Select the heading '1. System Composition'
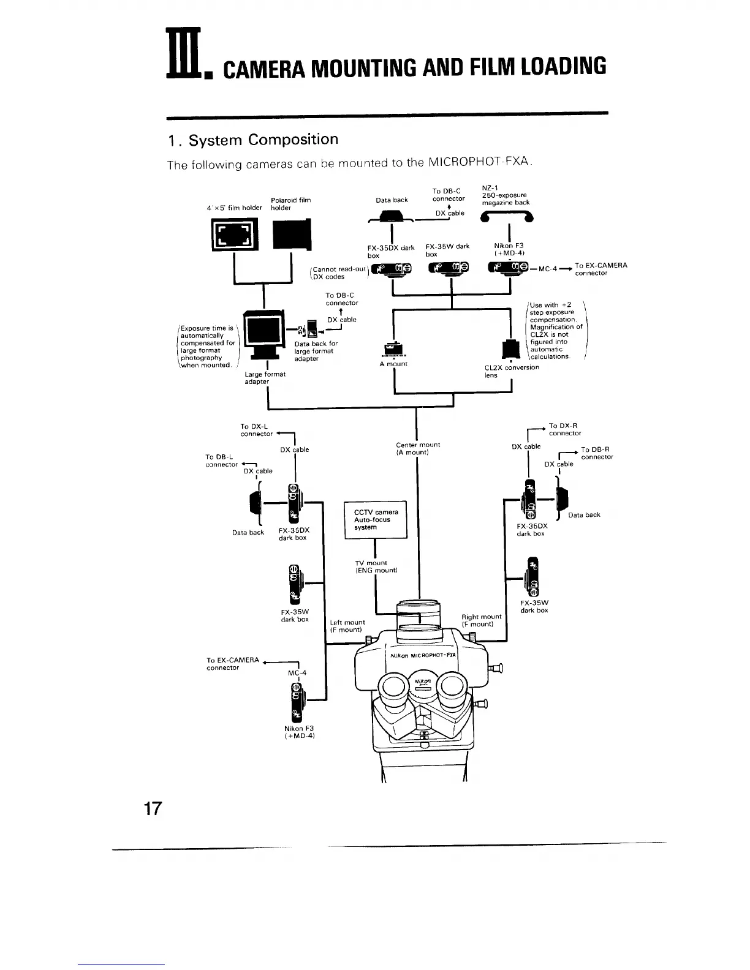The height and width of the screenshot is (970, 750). [253, 140]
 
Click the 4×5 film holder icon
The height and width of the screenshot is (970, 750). [235, 236]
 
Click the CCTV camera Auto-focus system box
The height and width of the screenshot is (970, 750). [376, 520]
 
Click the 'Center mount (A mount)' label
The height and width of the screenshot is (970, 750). [418, 448]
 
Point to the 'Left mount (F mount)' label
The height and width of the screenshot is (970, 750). [347, 626]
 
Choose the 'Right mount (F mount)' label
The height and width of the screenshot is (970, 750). [481, 620]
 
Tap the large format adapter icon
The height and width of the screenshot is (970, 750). [264, 338]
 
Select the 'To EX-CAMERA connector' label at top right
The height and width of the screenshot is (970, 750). [600, 269]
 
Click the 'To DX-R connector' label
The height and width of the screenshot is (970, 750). [564, 429]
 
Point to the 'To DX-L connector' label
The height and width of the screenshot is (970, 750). [256, 430]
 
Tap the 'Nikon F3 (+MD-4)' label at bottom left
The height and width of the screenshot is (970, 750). [299, 732]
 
